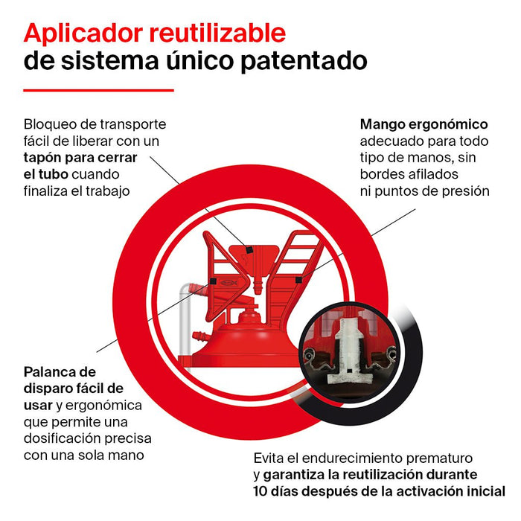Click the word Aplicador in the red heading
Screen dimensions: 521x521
(x=83, y=34)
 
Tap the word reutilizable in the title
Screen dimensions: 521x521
(x=217, y=33)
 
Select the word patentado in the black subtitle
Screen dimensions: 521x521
(x=304, y=62)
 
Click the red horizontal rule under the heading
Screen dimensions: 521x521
(x=99, y=90)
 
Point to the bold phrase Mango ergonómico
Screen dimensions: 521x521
(x=423, y=124)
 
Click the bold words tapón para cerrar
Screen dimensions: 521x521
(x=80, y=158)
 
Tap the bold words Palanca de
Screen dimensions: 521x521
(x=60, y=372)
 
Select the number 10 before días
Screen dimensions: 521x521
(x=260, y=491)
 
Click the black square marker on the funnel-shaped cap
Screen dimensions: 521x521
(x=249, y=249)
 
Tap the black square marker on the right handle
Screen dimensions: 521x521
(x=298, y=280)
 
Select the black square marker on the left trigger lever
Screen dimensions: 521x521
(x=213, y=281)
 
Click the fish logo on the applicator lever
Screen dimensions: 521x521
(x=228, y=282)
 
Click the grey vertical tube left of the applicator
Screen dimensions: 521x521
(x=185, y=322)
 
